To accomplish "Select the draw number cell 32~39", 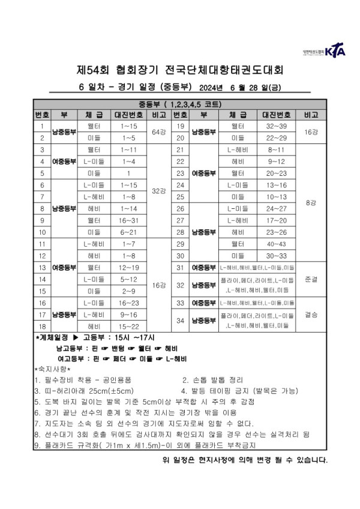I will [x=277, y=126].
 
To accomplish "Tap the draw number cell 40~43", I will [x=277, y=244].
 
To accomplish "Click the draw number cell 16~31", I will [x=129, y=220].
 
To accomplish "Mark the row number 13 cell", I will [x=43, y=267].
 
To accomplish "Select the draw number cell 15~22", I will [x=129, y=327].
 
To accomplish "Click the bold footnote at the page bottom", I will [x=245, y=460].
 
